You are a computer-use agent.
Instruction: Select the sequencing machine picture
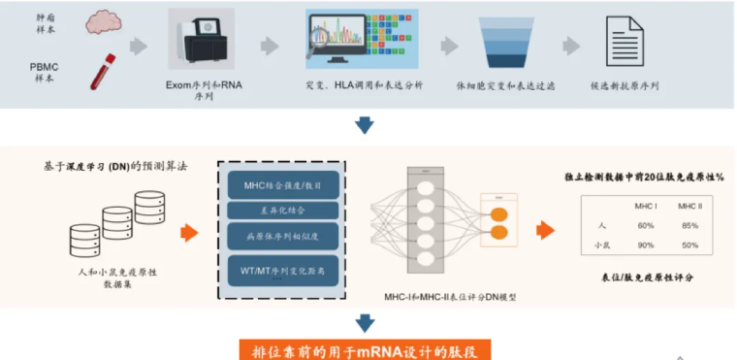207,42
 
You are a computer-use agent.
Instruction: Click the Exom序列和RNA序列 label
205,91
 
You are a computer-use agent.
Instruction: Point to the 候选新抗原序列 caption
625,85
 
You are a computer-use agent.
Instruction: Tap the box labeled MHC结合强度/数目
283,184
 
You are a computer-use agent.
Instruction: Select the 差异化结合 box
283,211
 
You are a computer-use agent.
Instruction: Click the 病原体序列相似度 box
283,236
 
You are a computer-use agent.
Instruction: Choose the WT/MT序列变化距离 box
283,266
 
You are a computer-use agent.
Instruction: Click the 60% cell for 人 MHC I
644,226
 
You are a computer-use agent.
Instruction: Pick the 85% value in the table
689,226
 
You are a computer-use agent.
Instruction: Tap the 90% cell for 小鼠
644,245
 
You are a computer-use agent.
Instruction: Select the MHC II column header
689,207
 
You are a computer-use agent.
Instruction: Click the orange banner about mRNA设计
367,350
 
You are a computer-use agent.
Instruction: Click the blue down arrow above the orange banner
366,324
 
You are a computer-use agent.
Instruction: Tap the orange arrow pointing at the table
547,230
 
